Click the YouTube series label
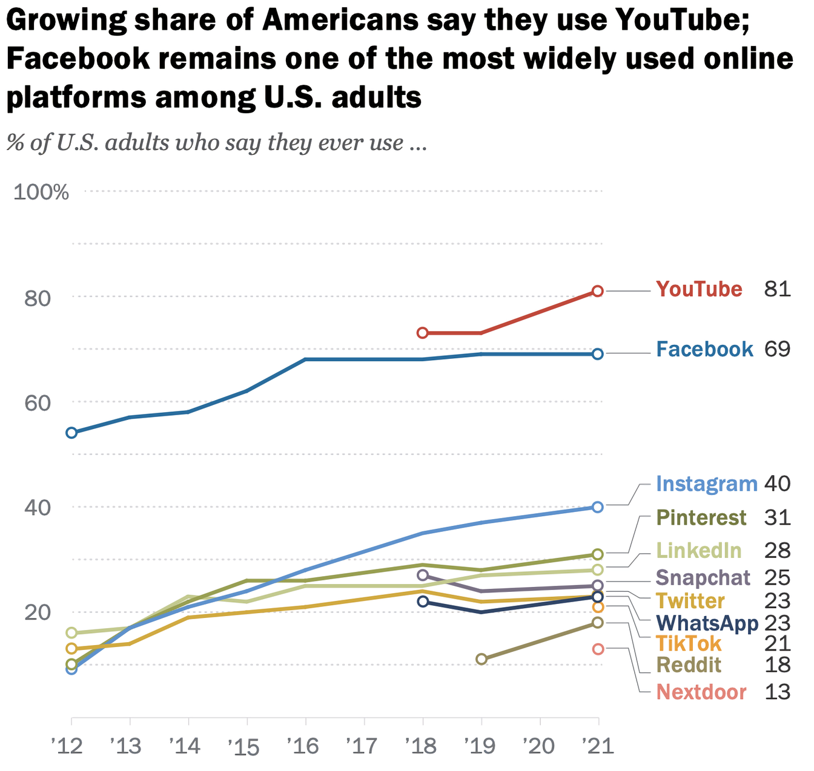699,290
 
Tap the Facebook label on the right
704,350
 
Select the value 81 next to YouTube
777,290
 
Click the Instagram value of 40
777,484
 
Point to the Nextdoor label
701,692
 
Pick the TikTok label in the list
689,643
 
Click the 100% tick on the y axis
41,192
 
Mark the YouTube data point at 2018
423,333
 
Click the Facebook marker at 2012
71,433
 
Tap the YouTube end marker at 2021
598,291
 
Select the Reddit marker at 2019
481,659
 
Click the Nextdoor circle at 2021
598,649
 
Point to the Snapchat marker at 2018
423,575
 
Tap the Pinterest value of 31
777,518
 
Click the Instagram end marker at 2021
598,507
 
